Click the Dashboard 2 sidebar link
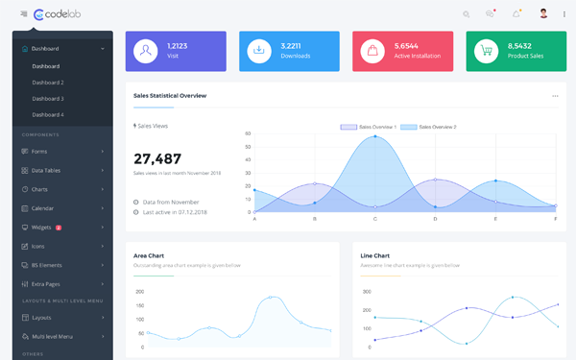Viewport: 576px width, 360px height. point(48,83)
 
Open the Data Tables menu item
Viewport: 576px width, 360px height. point(46,170)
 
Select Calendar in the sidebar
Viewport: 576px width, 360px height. point(42,208)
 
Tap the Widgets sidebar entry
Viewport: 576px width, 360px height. point(42,228)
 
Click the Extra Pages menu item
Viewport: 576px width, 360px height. point(45,284)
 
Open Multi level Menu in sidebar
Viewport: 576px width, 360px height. point(52,336)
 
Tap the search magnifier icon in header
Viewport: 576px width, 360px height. point(467,14)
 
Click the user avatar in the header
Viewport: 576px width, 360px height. point(543,13)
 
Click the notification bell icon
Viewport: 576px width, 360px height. point(516,14)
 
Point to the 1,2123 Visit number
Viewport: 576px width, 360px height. point(178,45)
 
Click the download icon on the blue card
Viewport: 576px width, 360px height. point(259,51)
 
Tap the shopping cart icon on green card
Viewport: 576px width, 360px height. point(486,51)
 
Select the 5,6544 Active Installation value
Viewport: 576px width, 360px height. point(406,45)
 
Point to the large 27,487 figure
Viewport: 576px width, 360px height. point(157,158)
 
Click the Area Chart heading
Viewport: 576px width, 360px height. point(149,255)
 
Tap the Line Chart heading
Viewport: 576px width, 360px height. point(374,255)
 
